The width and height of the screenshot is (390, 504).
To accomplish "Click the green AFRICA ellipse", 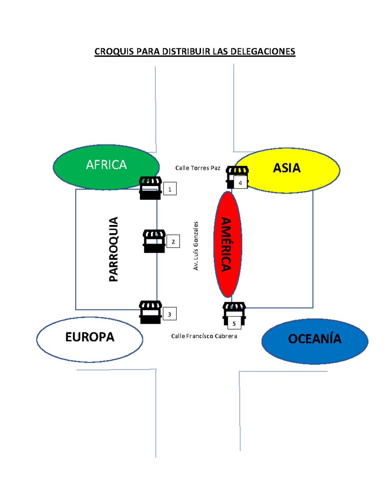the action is (106, 167).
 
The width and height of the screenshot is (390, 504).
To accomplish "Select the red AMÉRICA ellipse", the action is (227, 244).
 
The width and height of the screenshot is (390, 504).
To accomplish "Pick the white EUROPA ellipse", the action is (90, 339).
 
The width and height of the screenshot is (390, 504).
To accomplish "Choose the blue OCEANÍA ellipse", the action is (315, 341).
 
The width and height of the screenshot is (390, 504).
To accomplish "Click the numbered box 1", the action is (170, 189).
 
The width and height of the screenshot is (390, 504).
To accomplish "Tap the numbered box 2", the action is (173, 241).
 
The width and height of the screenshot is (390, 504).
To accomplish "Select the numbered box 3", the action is (170, 313).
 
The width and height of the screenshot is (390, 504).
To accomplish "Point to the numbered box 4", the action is (240, 182).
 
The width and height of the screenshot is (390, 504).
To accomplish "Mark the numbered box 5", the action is (234, 323).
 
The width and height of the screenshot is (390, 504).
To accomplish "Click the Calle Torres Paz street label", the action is (198, 168).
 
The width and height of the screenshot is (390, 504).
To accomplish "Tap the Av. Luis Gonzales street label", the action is (196, 246).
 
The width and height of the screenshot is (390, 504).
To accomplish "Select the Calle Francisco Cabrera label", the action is (204, 336).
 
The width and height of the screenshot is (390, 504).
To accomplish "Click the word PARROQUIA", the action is (113, 249).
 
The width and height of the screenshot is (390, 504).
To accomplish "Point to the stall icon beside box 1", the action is (150, 188).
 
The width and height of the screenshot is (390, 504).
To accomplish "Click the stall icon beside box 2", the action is (154, 241).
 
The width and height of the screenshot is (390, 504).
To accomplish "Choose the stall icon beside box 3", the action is (150, 312).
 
